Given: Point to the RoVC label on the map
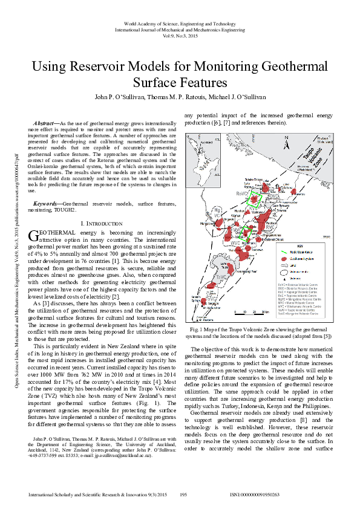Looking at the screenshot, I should pyautogui.click(x=240, y=193).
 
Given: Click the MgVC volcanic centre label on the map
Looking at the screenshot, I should pyautogui.click(x=217, y=212).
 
